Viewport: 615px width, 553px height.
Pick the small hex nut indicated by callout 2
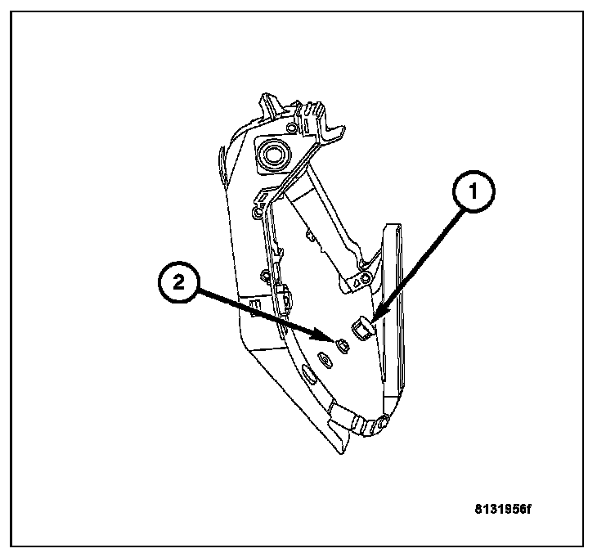pos(341,344)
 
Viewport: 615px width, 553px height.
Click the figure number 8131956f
pos(503,509)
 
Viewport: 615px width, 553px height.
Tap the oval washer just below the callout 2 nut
pos(322,357)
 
